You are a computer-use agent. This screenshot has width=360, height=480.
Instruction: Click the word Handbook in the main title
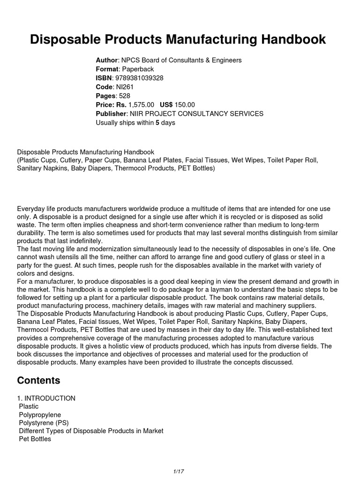click(x=288, y=40)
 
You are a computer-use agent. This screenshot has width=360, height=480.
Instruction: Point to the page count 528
click(x=125, y=96)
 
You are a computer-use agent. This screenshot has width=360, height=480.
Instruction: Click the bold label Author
click(x=106, y=60)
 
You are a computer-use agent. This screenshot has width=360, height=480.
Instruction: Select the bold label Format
click(x=107, y=69)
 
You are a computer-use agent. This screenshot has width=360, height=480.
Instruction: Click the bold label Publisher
click(x=111, y=113)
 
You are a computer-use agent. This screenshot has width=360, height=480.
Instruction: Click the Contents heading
click(x=38, y=380)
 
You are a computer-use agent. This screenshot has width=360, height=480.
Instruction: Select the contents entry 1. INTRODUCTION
click(x=46, y=398)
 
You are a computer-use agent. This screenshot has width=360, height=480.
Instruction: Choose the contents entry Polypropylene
click(x=40, y=415)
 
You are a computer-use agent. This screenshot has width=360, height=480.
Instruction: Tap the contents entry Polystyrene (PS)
click(x=44, y=423)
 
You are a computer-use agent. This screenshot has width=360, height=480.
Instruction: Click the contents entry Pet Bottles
click(x=35, y=439)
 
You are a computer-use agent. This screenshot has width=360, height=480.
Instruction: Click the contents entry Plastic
click(x=29, y=406)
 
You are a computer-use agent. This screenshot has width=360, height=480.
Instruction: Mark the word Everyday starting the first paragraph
click(x=32, y=208)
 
